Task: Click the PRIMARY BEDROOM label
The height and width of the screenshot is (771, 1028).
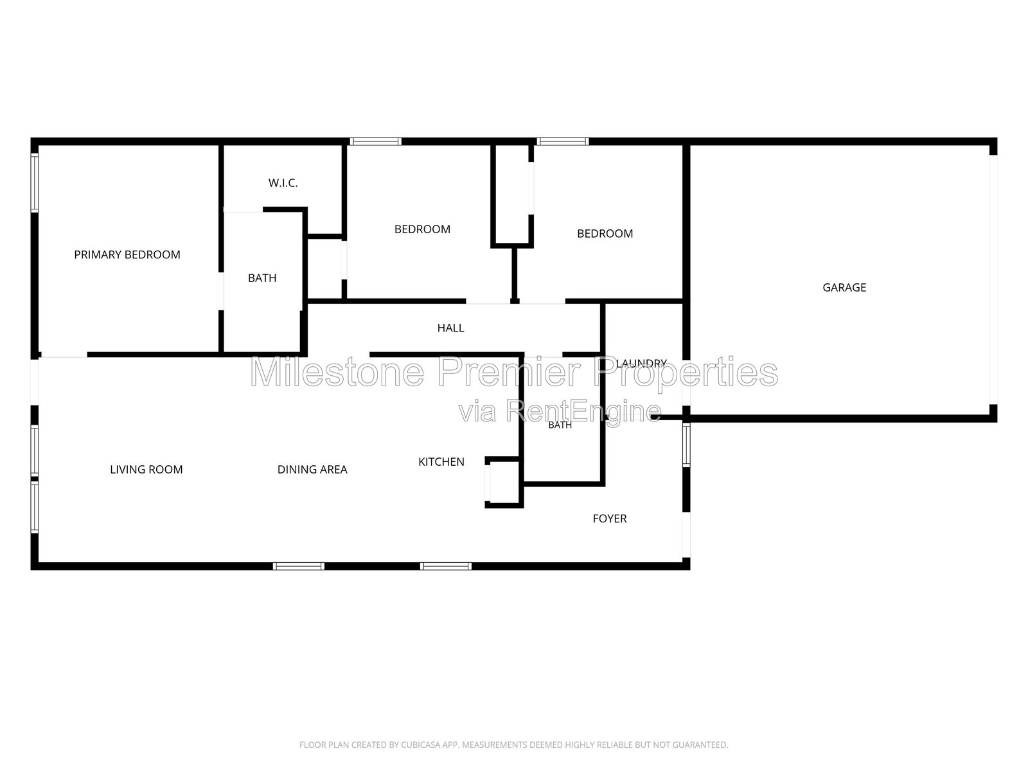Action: coord(127,254)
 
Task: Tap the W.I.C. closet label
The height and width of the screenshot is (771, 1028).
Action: coord(283,183)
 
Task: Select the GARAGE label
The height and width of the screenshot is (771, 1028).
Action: coord(844,287)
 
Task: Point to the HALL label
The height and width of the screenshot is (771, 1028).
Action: coord(450,328)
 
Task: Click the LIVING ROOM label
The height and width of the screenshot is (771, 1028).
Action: coord(146,470)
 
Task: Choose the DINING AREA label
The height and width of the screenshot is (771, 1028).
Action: coord(312,470)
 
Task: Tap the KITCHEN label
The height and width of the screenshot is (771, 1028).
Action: coord(441,462)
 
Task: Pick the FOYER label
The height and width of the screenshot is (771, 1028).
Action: coord(609,518)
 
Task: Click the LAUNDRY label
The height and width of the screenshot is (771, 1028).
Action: coord(641,363)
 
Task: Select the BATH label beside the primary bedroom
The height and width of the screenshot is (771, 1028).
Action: coord(261,278)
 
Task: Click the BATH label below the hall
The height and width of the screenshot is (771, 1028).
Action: coord(560,425)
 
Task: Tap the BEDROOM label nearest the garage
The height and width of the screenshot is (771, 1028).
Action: coord(605,234)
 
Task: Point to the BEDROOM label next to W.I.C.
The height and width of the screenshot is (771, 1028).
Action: coord(422,229)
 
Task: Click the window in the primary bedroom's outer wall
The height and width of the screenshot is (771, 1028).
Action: coord(34,182)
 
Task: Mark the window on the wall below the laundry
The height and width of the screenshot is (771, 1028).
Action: coord(686,445)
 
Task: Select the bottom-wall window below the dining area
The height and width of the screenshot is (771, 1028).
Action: coord(298,566)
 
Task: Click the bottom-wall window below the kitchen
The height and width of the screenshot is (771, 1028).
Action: coord(445,566)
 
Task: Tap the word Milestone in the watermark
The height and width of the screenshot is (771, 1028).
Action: coord(337,372)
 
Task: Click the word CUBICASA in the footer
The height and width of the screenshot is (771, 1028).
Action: coord(419,745)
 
